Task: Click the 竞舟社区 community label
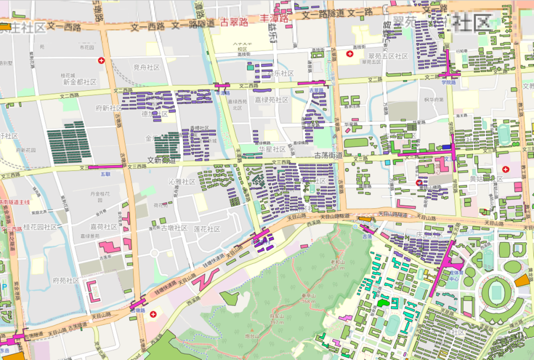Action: [x=146, y=67]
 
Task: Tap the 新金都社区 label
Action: [x=80, y=81]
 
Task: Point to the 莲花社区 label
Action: [x=207, y=229]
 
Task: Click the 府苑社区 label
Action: [x=66, y=280]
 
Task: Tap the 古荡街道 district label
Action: [x=328, y=155]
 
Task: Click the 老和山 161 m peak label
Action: [x=338, y=264]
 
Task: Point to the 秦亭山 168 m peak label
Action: [x=308, y=298]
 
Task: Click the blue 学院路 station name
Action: [x=448, y=82]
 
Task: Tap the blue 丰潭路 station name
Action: [x=223, y=93]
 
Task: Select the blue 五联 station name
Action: [x=105, y=174]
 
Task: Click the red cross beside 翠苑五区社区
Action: [x=350, y=53]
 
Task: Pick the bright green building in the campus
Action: [x=383, y=302]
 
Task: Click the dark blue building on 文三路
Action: [x=446, y=147]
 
